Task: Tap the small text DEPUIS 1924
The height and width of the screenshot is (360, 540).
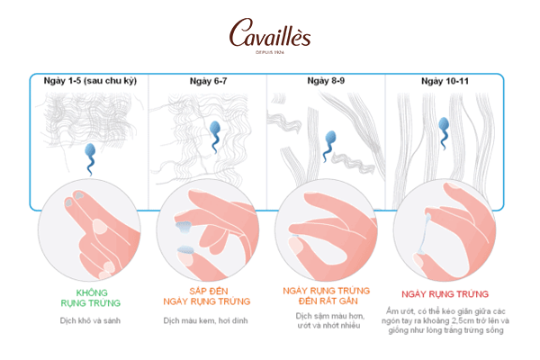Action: click(x=270, y=52)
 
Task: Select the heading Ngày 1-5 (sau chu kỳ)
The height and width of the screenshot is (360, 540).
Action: click(x=90, y=81)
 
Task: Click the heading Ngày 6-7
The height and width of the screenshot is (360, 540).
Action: click(x=209, y=81)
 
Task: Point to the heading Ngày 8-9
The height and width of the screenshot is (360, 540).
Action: click(x=326, y=81)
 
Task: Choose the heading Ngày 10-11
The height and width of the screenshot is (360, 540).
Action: click(x=445, y=81)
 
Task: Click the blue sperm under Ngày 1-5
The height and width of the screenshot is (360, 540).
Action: click(x=90, y=159)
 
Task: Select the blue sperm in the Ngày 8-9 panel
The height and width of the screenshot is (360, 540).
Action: click(x=329, y=146)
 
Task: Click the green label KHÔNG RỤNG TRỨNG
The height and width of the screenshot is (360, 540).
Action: click(x=91, y=298)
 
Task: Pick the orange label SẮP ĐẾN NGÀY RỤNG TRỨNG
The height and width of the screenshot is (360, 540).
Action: click(x=207, y=296)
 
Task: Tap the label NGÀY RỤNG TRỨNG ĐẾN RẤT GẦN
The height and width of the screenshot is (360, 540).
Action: click(x=326, y=295)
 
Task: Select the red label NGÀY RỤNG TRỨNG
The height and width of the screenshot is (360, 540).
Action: click(x=445, y=294)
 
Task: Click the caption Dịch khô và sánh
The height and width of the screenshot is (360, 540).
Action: click(x=90, y=320)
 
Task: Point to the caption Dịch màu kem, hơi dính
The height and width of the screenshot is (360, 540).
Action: click(x=205, y=320)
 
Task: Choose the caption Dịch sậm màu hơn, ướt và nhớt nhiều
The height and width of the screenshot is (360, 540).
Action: click(x=329, y=320)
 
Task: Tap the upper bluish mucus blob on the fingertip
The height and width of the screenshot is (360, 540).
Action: click(x=184, y=227)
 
